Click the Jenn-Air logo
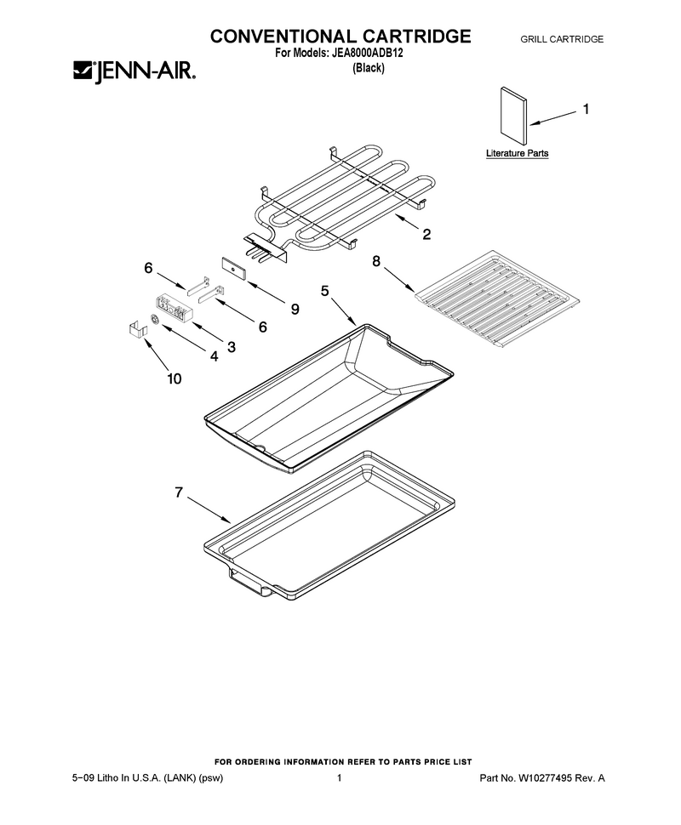(134, 71)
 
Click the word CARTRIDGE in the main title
(416, 37)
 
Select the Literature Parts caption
(517, 153)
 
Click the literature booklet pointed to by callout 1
(513, 116)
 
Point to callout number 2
(426, 234)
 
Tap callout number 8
(376, 261)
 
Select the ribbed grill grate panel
(497, 299)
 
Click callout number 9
(295, 309)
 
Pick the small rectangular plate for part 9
(234, 268)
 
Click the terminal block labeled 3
(174, 307)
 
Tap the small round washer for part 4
(155, 320)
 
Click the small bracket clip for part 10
(136, 329)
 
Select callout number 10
(175, 378)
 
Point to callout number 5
(325, 290)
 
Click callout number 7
(179, 492)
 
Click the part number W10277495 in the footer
(545, 777)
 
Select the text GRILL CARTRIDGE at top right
(562, 39)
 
